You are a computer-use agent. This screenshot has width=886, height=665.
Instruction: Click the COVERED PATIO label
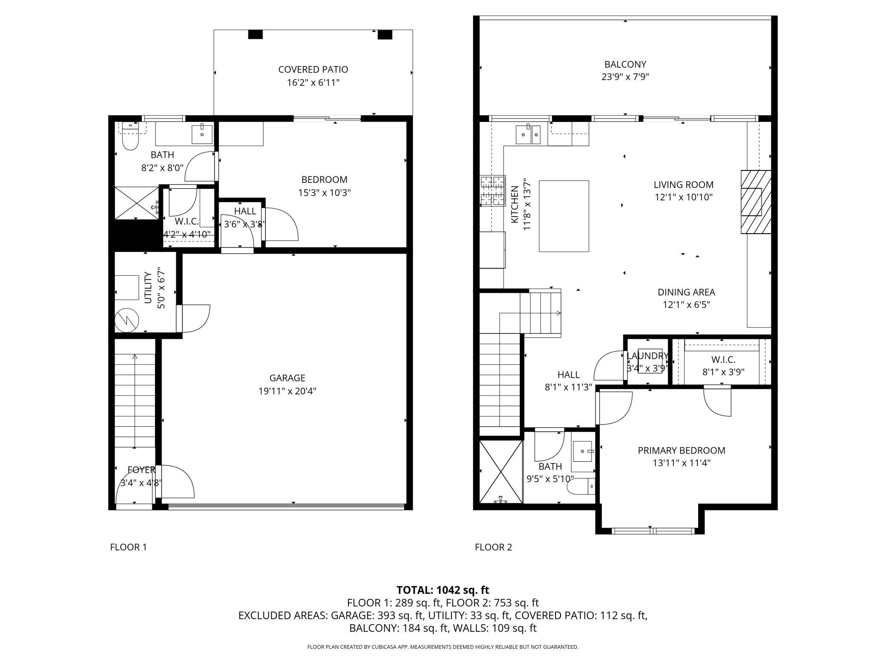pos(313,69)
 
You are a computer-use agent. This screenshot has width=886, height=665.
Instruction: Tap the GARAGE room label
pos(287,378)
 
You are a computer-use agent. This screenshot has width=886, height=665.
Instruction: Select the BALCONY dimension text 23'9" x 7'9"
pos(625,77)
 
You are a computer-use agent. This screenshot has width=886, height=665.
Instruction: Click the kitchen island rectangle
pos(564,216)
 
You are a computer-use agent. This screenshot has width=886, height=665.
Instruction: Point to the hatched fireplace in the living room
pos(756,202)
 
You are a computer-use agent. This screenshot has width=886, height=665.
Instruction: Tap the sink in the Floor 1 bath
pos(202,135)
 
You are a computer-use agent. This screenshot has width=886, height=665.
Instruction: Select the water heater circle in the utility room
pos(127,320)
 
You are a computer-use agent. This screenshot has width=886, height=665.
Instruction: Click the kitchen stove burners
pos(493,191)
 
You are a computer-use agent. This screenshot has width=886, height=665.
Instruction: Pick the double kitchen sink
pos(528,135)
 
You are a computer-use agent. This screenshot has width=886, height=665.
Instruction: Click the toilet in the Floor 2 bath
pos(581,486)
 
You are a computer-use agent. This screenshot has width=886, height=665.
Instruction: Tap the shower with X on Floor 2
pos(501,472)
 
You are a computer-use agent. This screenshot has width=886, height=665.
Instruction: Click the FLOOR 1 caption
pos(128,547)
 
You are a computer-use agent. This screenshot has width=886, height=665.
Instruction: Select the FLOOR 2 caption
pos(493,547)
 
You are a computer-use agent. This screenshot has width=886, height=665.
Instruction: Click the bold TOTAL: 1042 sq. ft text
pos(443,590)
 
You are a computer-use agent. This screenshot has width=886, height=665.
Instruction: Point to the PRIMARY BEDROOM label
pos(681,450)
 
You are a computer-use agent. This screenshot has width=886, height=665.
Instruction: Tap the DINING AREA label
pos(686,292)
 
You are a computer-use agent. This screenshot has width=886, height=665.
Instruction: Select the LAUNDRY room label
pos(647,356)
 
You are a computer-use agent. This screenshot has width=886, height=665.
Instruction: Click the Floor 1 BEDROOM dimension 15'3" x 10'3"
pos(324,193)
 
